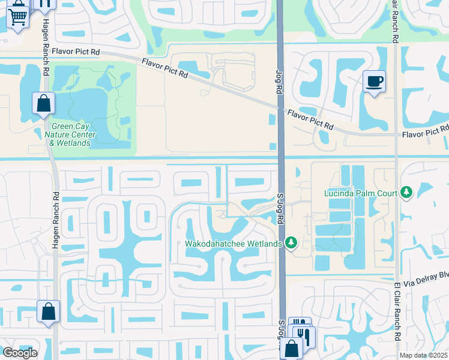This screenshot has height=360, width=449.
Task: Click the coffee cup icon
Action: (x=374, y=81)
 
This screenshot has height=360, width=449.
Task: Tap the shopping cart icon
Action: (x=17, y=15)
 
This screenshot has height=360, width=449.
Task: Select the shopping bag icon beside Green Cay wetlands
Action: (x=44, y=104)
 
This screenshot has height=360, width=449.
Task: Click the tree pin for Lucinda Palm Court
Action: (x=407, y=192)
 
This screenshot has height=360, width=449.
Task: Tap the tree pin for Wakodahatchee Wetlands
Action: (x=291, y=242)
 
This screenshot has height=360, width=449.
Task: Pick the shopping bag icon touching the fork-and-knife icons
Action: (x=291, y=349)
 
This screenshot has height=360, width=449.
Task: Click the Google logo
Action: (x=20, y=353)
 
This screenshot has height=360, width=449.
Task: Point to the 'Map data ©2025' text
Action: (x=424, y=355)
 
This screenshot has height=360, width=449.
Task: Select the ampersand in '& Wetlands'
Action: (x=52, y=143)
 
